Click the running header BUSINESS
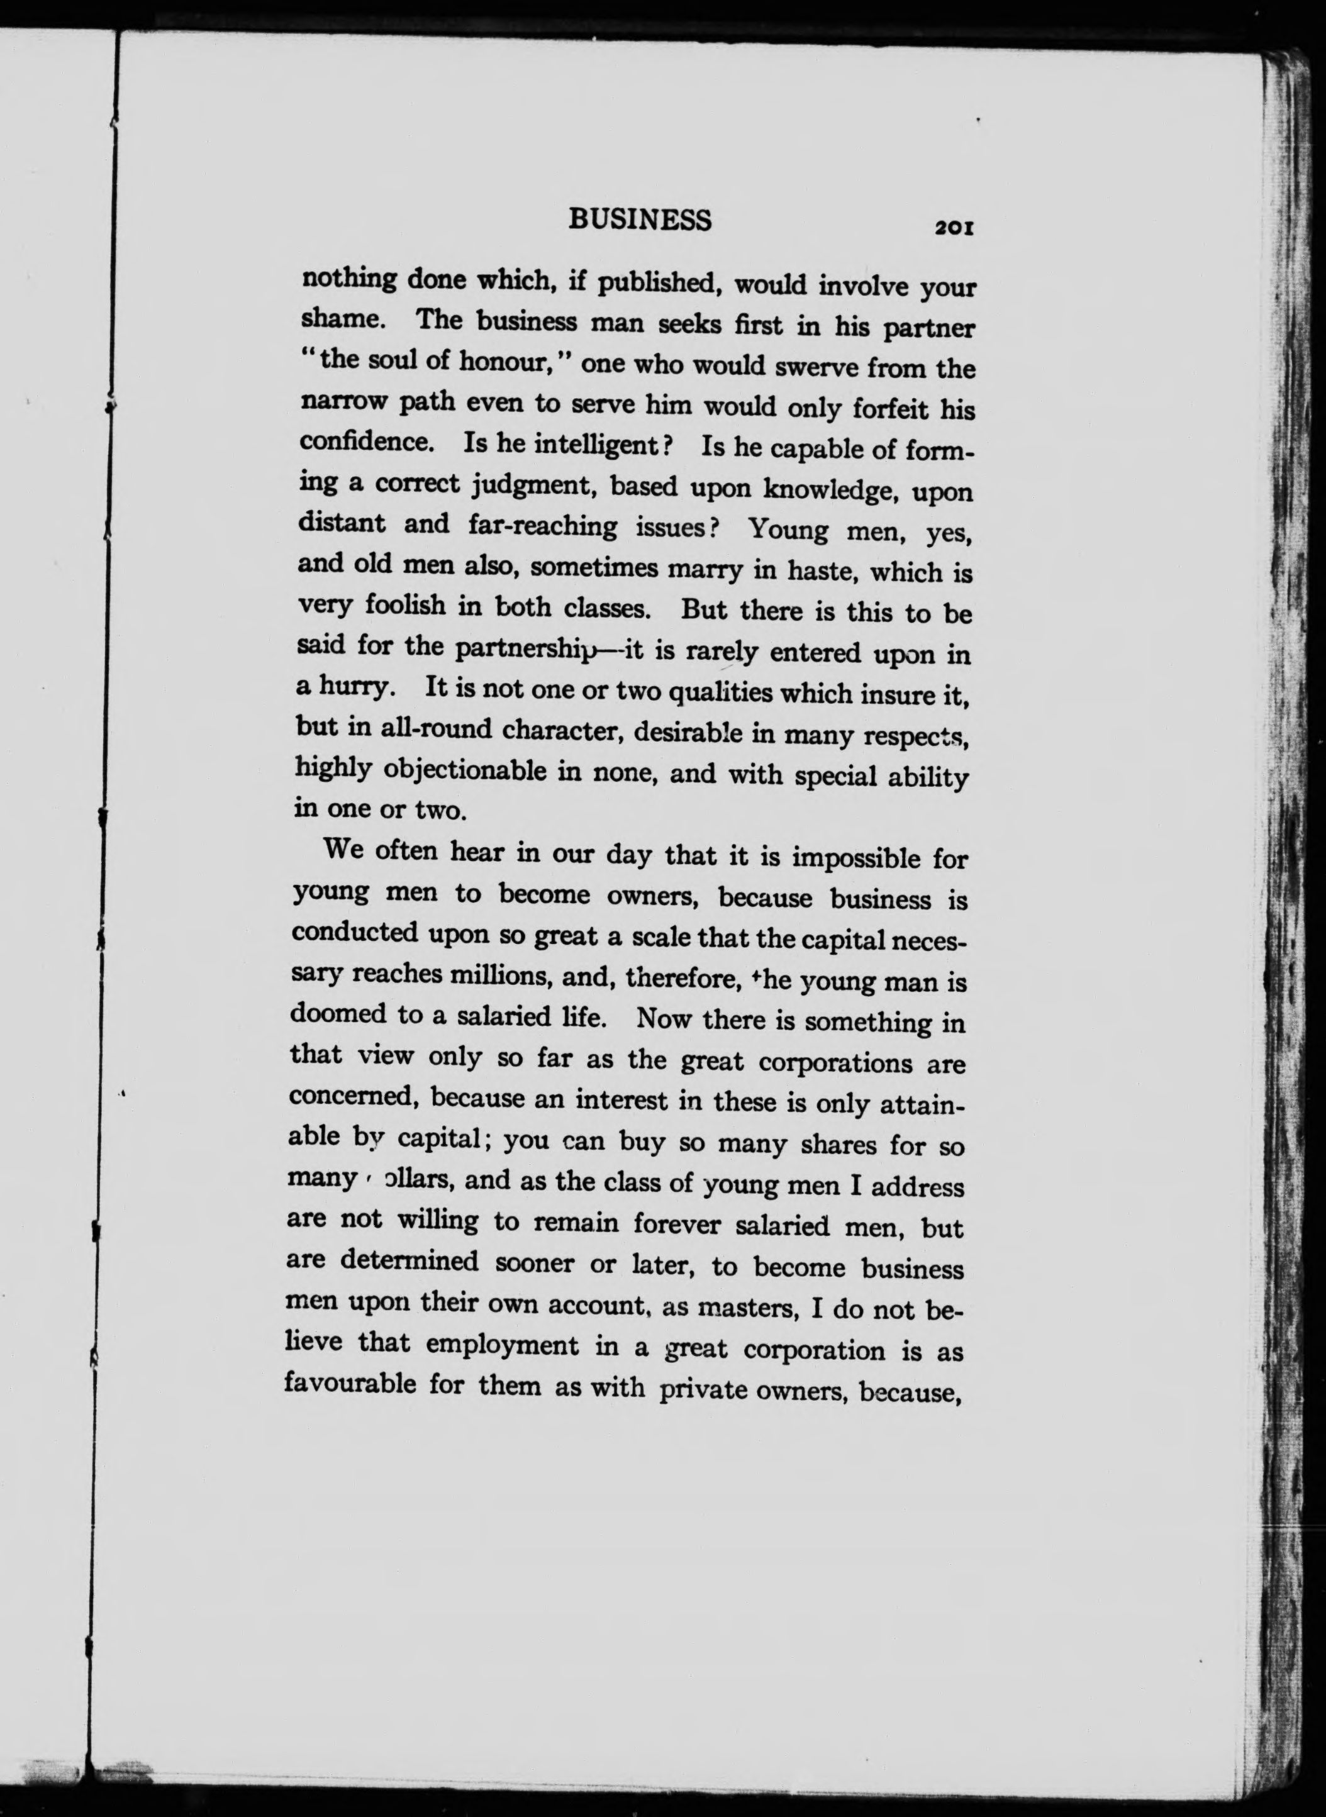click(x=640, y=219)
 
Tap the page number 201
click(x=953, y=229)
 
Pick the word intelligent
click(x=596, y=444)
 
